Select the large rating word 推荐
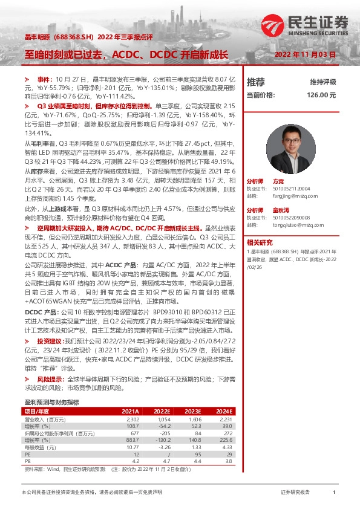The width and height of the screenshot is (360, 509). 256,82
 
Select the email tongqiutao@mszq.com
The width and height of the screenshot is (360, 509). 293,223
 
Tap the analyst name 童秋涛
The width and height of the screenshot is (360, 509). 280,209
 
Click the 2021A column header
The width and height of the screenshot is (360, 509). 131,410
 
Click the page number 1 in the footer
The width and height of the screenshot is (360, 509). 334,493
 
